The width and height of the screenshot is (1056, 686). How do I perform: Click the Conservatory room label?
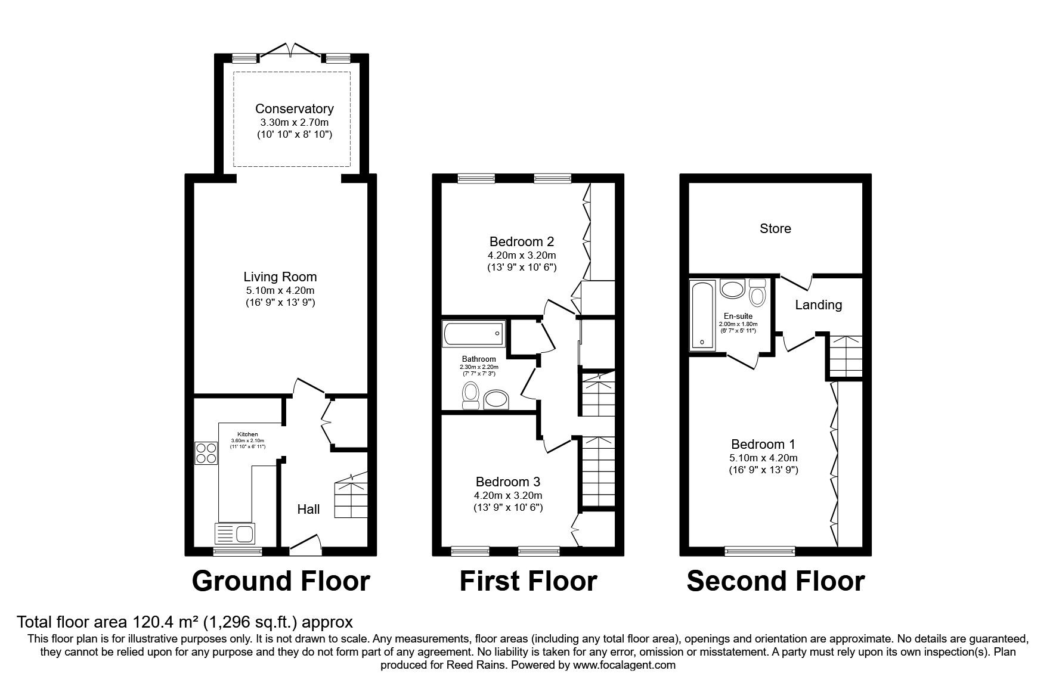tap(294, 108)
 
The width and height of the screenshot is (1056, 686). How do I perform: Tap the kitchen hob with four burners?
tap(206, 452)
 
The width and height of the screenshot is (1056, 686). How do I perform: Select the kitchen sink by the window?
tap(235, 532)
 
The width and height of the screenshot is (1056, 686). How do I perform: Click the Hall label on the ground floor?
tap(308, 509)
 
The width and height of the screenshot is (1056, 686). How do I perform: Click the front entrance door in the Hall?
tap(305, 544)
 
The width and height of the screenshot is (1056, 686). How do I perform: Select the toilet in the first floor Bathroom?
tap(471, 395)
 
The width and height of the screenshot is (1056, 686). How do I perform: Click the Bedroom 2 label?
tap(522, 241)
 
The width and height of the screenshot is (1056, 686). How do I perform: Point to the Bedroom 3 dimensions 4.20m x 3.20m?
tap(508, 495)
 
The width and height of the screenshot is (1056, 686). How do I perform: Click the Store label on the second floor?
tap(775, 228)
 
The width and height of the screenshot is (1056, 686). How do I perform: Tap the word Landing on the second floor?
tap(818, 305)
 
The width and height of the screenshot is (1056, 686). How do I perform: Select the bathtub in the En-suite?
tap(701, 315)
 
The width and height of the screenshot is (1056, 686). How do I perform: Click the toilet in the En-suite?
tap(758, 293)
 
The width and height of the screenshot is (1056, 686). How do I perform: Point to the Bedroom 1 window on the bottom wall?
tap(760, 551)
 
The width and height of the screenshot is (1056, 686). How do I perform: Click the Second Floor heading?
tap(775, 581)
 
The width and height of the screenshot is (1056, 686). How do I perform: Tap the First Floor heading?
tap(528, 581)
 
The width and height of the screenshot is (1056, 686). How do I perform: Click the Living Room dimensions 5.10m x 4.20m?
tap(280, 290)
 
